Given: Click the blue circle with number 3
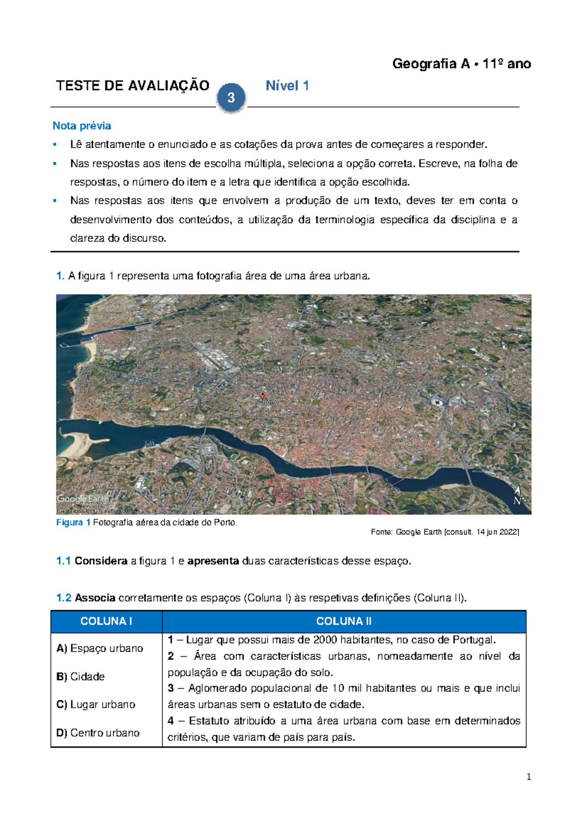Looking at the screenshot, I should [231, 97].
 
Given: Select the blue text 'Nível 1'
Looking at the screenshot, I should [287, 86].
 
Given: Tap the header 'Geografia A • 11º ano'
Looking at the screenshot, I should [461, 64].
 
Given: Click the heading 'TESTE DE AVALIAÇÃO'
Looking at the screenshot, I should [133, 86].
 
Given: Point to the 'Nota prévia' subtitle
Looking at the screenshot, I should [82, 126].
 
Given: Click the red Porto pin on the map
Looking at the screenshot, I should [263, 395].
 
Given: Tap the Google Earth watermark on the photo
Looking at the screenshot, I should [83, 499].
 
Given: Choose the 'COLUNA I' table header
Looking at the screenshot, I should [106, 622].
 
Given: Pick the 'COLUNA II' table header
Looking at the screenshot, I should [344, 622].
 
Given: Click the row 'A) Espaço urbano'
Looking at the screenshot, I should [100, 648].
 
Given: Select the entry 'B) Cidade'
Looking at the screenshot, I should [81, 677].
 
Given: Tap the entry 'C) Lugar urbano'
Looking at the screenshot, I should [96, 705].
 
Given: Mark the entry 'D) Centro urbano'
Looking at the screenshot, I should [98, 733].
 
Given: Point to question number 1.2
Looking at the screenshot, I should [64, 598].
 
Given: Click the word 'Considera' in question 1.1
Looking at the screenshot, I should [101, 561].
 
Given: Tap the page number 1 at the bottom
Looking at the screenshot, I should [528, 777].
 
